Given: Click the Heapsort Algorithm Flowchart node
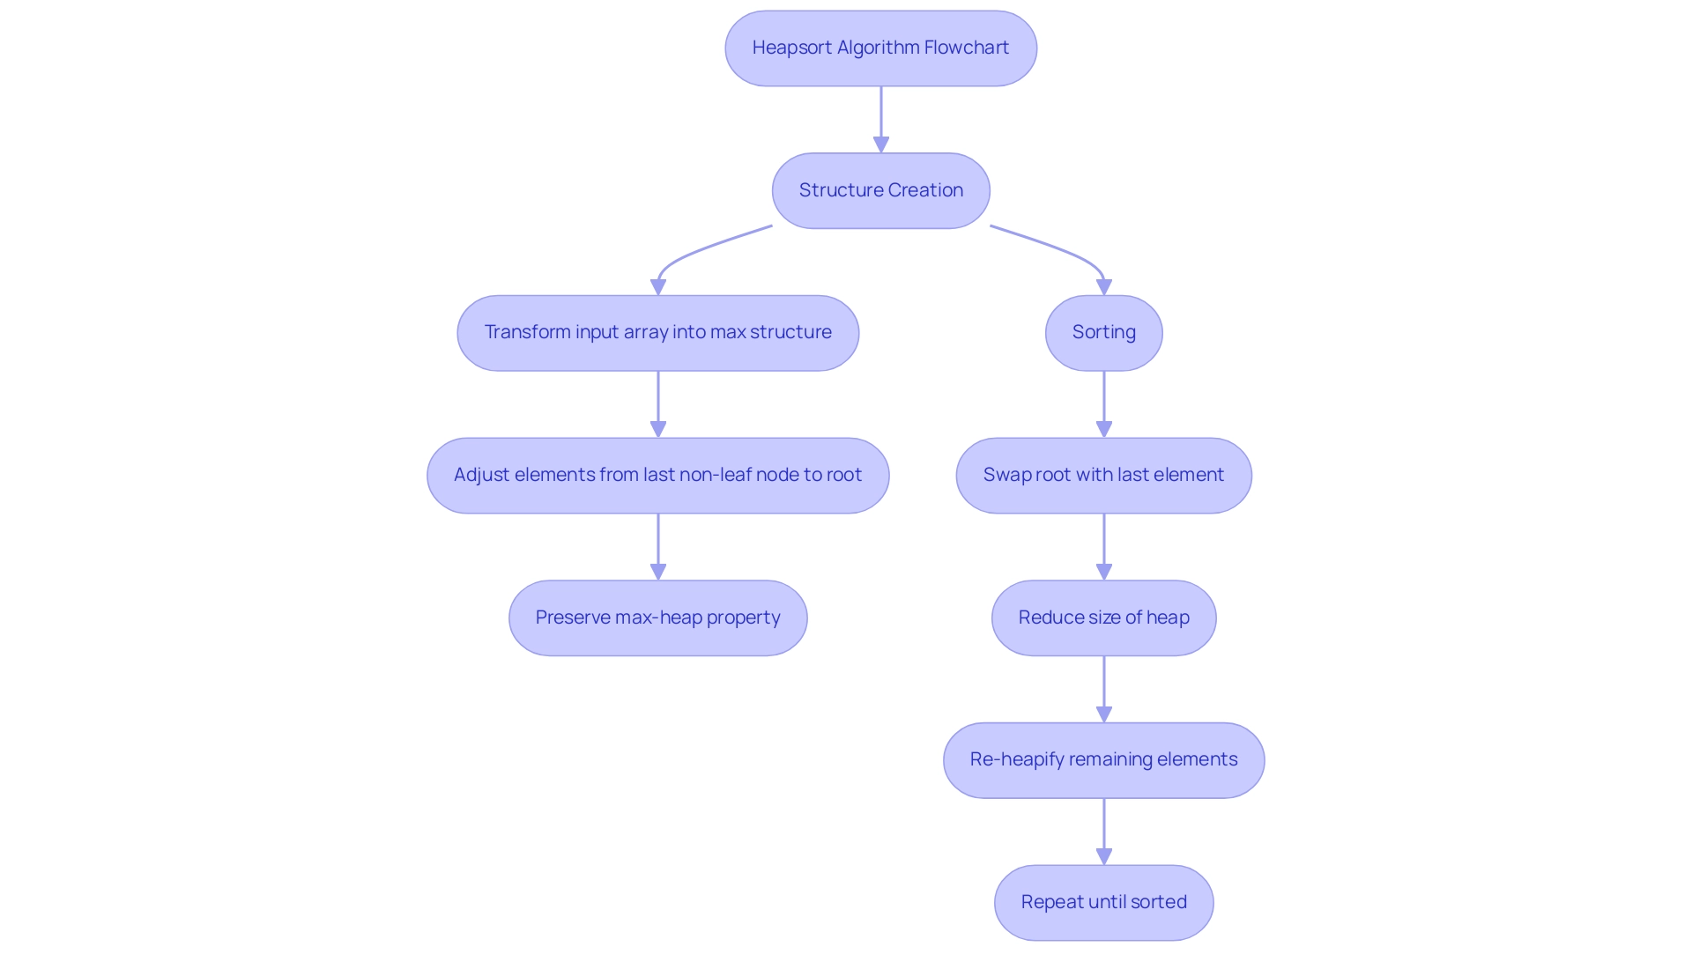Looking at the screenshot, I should tap(880, 48).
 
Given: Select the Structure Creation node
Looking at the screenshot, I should tap(880, 190).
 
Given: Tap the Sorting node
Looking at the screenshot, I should tap(1103, 333).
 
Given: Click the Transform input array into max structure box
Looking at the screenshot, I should tap(657, 333).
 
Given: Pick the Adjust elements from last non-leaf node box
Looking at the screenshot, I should tap(657, 476).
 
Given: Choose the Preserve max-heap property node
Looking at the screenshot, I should tap(657, 618).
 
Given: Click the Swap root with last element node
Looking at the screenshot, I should tap(1103, 476).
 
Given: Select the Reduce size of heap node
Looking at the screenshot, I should tap(1103, 618).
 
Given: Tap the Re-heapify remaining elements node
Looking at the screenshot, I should tap(1103, 760).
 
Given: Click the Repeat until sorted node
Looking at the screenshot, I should tap(1103, 902).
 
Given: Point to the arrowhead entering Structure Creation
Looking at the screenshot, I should tap(880, 144).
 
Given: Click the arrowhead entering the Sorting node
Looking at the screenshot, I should tap(1103, 287).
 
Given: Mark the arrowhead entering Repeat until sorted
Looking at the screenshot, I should tap(1103, 856).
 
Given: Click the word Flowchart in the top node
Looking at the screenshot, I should tap(966, 48).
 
